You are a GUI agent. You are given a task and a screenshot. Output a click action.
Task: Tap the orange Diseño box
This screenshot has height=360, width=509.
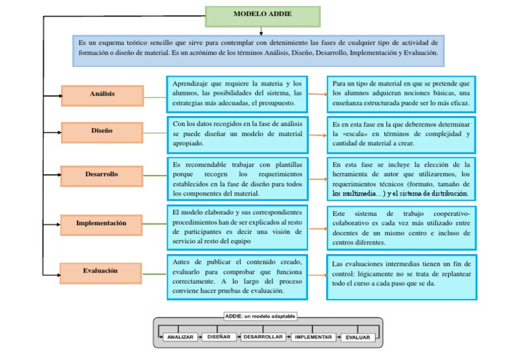pyautogui.click(x=102, y=131)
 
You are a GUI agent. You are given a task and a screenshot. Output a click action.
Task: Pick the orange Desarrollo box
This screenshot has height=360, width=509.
pyautogui.click(x=102, y=175)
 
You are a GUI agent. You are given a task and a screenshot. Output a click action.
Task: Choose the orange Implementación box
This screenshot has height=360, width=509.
pyautogui.click(x=102, y=224)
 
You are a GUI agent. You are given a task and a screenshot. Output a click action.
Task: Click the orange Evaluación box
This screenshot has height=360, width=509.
pyautogui.click(x=101, y=271)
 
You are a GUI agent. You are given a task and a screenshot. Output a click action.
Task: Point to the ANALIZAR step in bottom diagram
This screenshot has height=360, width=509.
pyautogui.click(x=180, y=337)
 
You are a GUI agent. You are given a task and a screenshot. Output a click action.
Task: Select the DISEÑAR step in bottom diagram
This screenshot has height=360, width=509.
pyautogui.click(x=219, y=337)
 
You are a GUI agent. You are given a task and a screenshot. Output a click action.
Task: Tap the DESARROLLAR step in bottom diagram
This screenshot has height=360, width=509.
pyautogui.click(x=263, y=337)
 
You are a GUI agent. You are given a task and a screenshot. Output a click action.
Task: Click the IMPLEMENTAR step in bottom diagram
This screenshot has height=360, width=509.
pyautogui.click(x=315, y=337)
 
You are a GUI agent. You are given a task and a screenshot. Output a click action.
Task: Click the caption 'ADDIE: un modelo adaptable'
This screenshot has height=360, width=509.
pyautogui.click(x=260, y=317)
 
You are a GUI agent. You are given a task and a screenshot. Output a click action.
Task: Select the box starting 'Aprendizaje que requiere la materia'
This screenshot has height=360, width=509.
pyautogui.click(x=237, y=93)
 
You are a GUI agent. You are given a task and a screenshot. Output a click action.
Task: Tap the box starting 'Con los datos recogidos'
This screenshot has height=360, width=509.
pyautogui.click(x=237, y=133)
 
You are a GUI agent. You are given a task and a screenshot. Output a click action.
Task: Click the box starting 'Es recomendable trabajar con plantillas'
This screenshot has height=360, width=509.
pyautogui.click(x=237, y=178)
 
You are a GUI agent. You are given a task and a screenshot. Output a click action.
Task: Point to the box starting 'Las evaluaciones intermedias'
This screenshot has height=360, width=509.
pyautogui.click(x=402, y=274)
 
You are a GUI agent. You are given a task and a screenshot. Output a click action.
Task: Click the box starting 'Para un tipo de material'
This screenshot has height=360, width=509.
pyautogui.click(x=402, y=93)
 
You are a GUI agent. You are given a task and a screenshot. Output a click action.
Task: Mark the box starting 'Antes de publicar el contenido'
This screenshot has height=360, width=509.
pyautogui.click(x=237, y=276)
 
